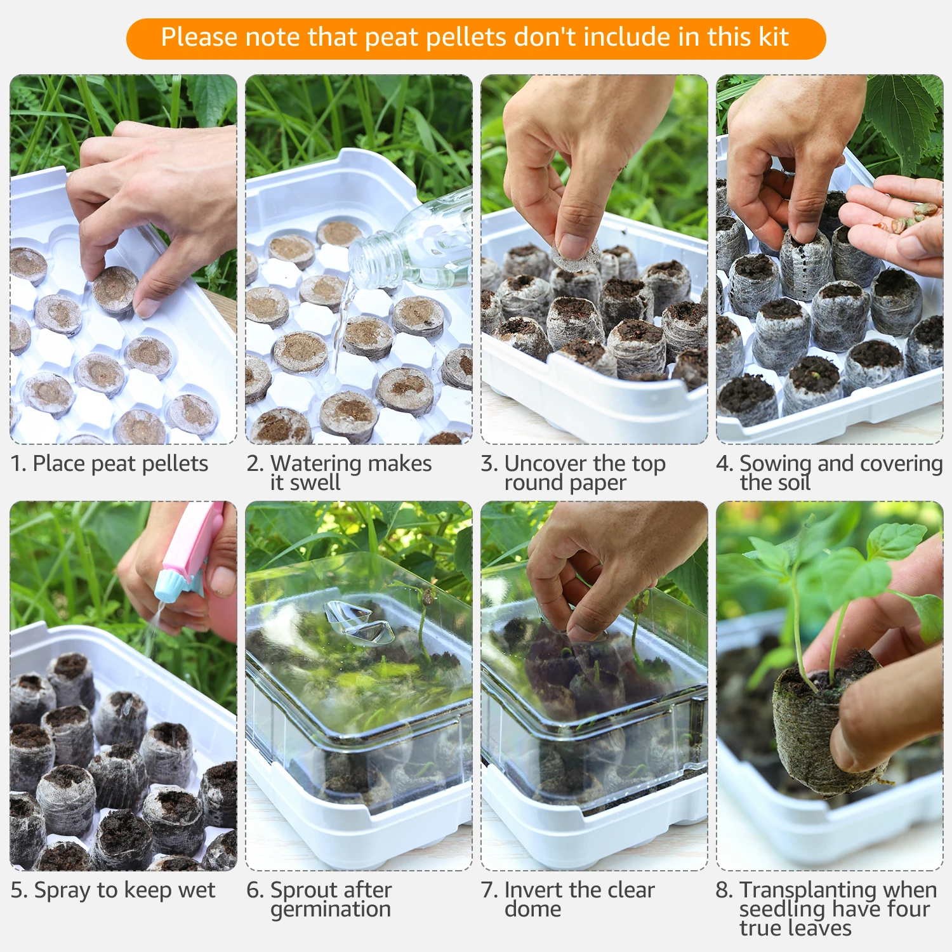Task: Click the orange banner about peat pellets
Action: pyautogui.click(x=476, y=39)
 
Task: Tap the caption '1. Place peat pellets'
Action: pyautogui.click(x=109, y=464)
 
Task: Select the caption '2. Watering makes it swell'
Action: pyautogui.click(x=340, y=472)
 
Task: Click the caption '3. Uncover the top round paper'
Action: pyautogui.click(x=573, y=472)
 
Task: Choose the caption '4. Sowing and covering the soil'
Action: pyautogui.click(x=830, y=472)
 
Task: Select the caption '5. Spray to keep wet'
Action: pyautogui.click(x=113, y=890)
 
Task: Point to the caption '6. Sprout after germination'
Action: pyautogui.click(x=319, y=899)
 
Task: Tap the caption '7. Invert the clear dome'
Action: pyautogui.click(x=568, y=899)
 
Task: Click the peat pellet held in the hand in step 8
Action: pyautogui.click(x=825, y=724)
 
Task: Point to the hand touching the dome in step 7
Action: pyautogui.click(x=609, y=565)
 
